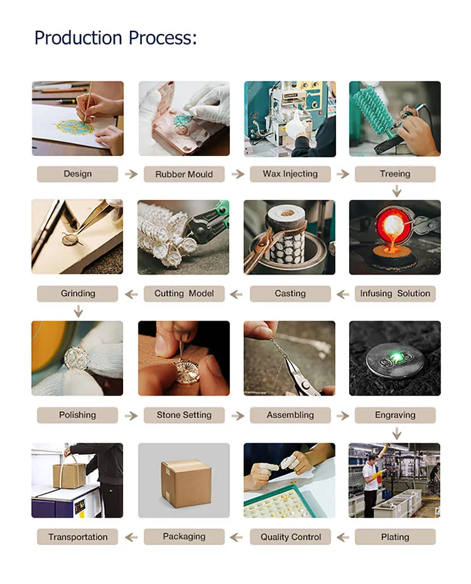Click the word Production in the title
click(78, 38)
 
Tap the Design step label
click(77, 174)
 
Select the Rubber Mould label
click(184, 174)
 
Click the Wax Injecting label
click(290, 174)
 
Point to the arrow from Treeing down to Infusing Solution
click(397, 192)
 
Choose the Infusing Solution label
click(395, 294)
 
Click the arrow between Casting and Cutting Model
click(236, 294)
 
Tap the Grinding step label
click(77, 294)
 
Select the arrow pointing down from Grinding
click(78, 311)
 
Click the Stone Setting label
click(184, 415)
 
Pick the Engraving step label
click(395, 415)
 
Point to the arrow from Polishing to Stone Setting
click(131, 416)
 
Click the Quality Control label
click(290, 537)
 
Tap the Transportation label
click(77, 537)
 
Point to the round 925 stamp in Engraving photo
click(396, 360)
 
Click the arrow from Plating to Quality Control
click(343, 537)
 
